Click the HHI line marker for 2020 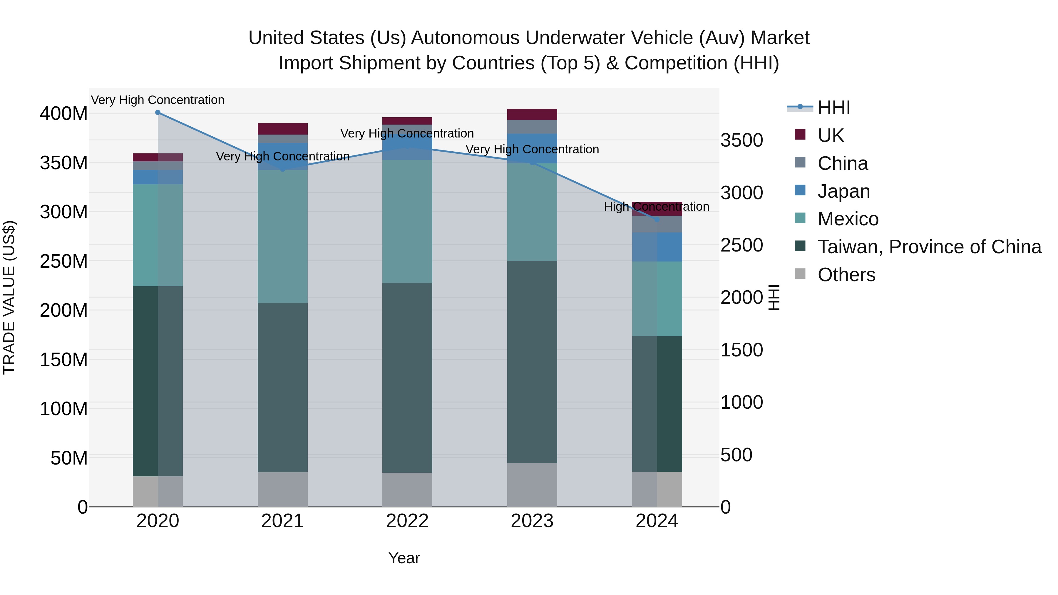coord(158,113)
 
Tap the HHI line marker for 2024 coord(657,220)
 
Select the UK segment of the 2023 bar coord(532,115)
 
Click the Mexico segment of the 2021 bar coord(282,236)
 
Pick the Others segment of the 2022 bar coord(407,490)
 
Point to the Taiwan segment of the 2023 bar coord(532,361)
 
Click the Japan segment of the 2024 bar coord(657,247)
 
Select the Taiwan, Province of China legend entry coord(929,247)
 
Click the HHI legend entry coord(833,108)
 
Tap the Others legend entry coord(846,275)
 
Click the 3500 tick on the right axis coord(741,140)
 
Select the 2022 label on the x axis coord(407,521)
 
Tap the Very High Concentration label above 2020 coord(158,100)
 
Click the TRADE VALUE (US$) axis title coord(9,297)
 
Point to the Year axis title coord(404,558)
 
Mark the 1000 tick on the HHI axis coord(741,403)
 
